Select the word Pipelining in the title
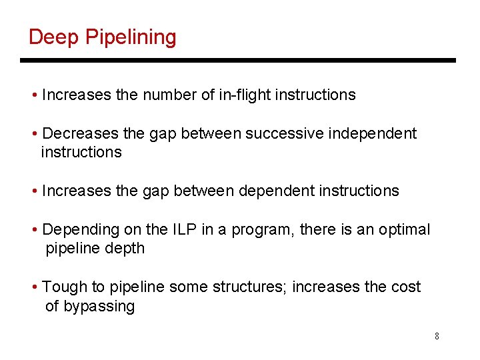coord(131,37)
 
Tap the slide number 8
coord(437,336)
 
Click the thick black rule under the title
coord(237,61)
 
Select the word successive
coord(283,134)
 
